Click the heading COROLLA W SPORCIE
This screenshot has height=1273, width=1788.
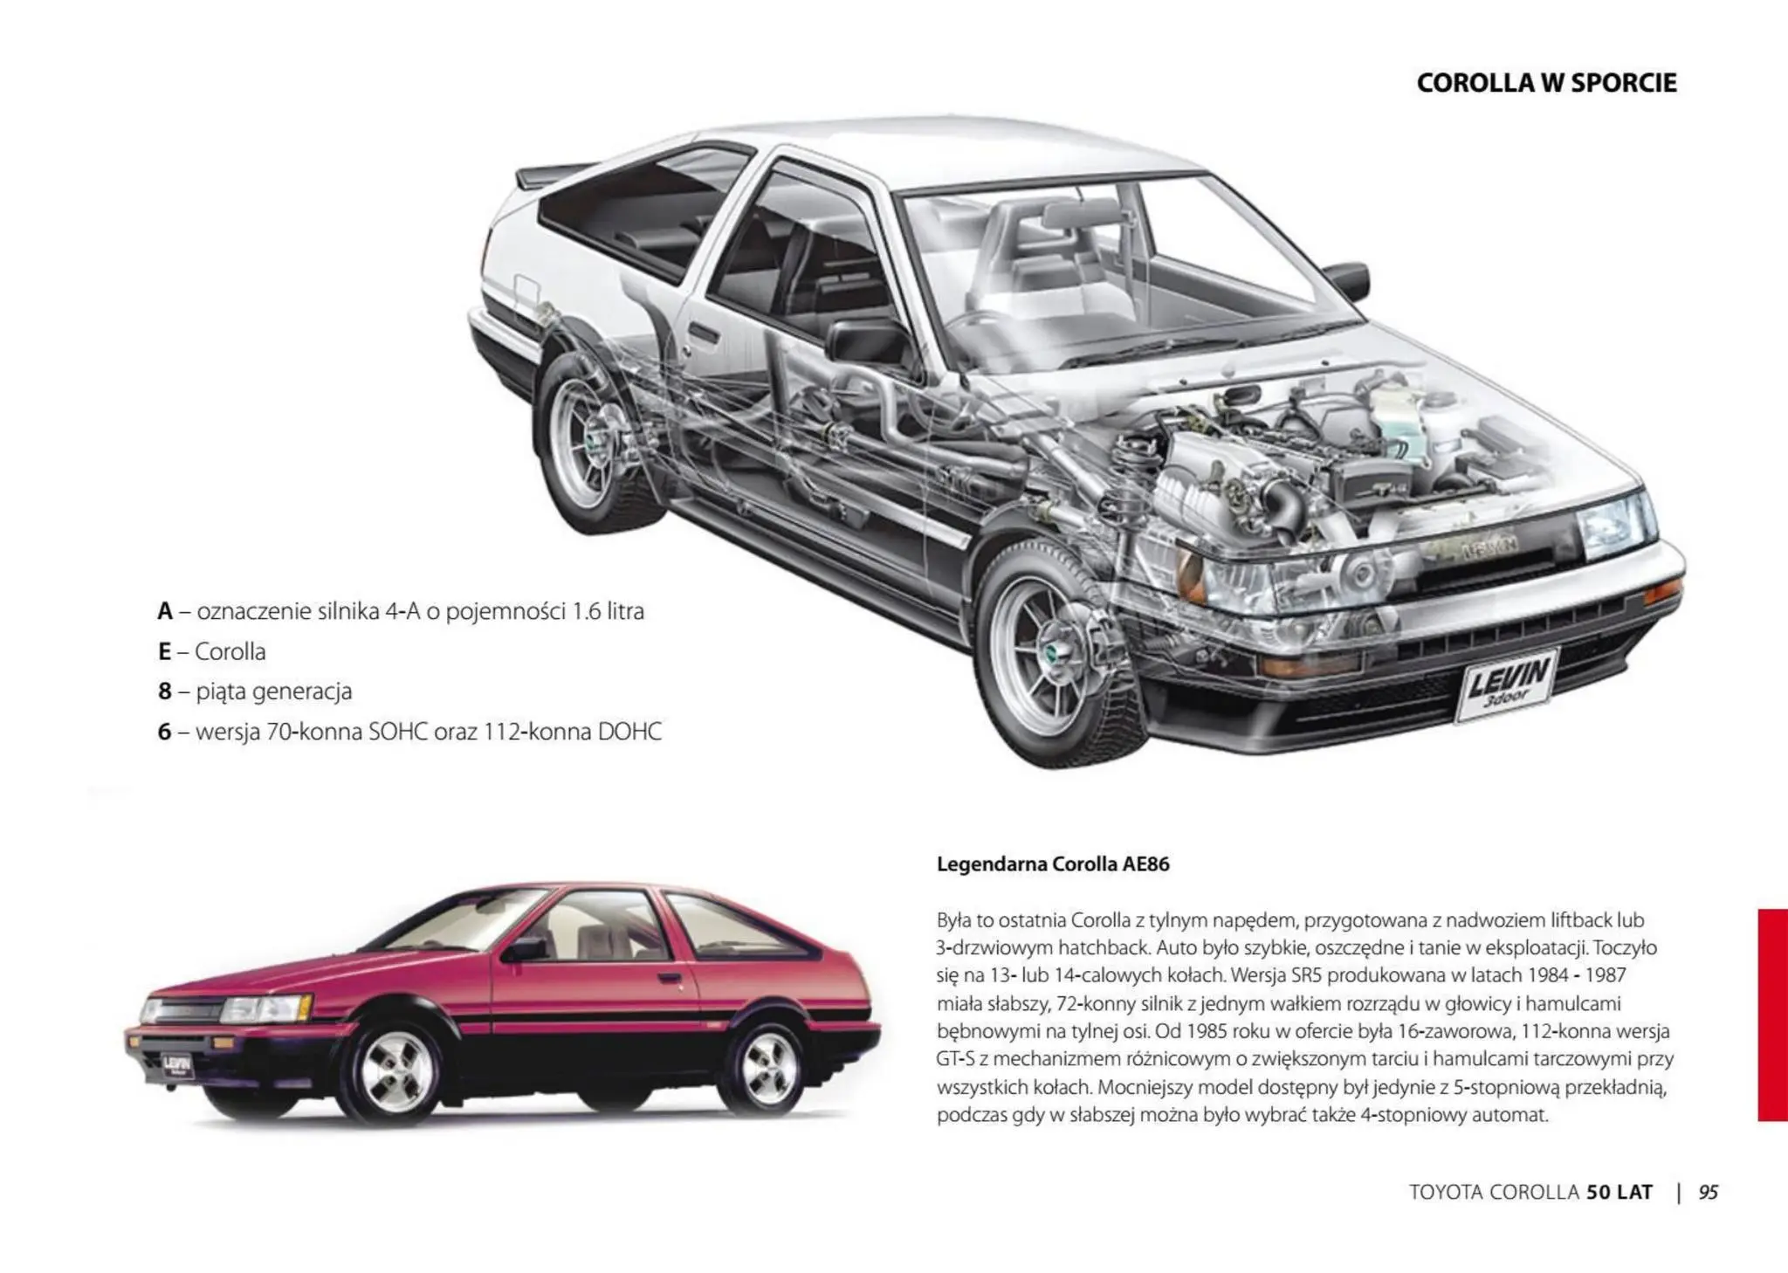1546,83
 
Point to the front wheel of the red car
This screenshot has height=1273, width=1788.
397,1069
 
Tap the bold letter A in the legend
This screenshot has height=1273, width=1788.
165,611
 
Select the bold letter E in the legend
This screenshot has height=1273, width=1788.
164,651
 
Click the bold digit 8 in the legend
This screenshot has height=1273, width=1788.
164,692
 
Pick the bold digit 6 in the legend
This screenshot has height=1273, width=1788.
164,732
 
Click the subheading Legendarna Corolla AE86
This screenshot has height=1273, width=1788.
1052,864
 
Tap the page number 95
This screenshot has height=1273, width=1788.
1708,1192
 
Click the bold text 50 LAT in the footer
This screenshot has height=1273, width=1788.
1620,1192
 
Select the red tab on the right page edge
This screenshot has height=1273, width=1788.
1772,1014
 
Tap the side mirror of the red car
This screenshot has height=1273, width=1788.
525,948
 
